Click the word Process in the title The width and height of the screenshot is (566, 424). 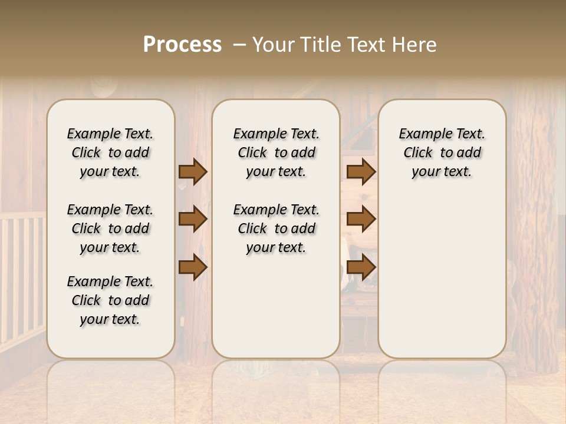point(182,45)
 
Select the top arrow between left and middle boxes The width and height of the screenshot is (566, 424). point(193,171)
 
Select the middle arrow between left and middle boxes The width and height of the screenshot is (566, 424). point(193,220)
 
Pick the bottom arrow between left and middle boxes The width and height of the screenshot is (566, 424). point(193,268)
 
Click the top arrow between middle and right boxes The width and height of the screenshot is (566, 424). point(361,171)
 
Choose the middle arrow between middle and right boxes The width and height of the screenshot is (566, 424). point(361,220)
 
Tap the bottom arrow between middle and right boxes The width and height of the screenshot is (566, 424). point(361,268)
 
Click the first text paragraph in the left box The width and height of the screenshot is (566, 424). point(110,153)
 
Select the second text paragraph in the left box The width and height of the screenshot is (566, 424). point(110,228)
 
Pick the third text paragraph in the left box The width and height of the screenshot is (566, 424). point(110,300)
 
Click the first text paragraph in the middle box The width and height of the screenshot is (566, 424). point(276,153)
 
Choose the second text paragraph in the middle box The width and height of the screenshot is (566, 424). point(276,228)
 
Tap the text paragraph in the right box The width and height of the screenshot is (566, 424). point(442,153)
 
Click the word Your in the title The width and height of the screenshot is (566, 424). point(272,45)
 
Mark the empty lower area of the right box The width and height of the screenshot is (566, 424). point(442,277)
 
